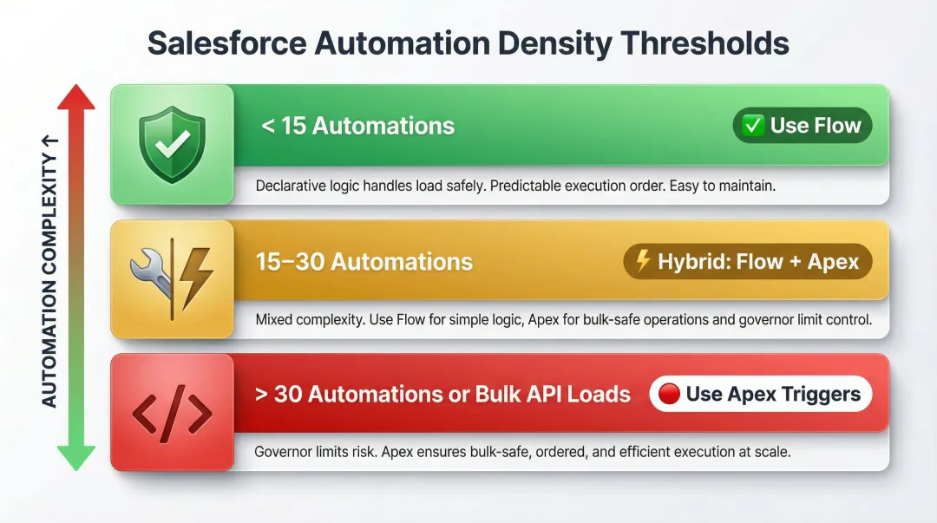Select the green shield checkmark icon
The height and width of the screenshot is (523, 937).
tap(172, 144)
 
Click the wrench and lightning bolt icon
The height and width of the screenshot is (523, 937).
tap(172, 278)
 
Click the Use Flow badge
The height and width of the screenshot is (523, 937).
tap(802, 126)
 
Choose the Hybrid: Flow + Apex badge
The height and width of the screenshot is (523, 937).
tap(747, 261)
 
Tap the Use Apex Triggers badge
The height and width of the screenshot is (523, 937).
tap(760, 395)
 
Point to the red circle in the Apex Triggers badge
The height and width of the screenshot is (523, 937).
tap(669, 395)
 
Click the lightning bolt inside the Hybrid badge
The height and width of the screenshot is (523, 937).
tap(643, 261)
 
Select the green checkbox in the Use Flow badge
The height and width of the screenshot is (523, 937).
tap(753, 126)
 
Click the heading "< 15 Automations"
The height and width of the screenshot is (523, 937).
tap(357, 126)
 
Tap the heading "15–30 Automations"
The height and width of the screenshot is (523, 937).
tap(364, 261)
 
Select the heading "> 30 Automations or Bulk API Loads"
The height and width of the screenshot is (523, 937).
tap(442, 395)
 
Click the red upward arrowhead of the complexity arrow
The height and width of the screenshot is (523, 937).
tap(75, 97)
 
